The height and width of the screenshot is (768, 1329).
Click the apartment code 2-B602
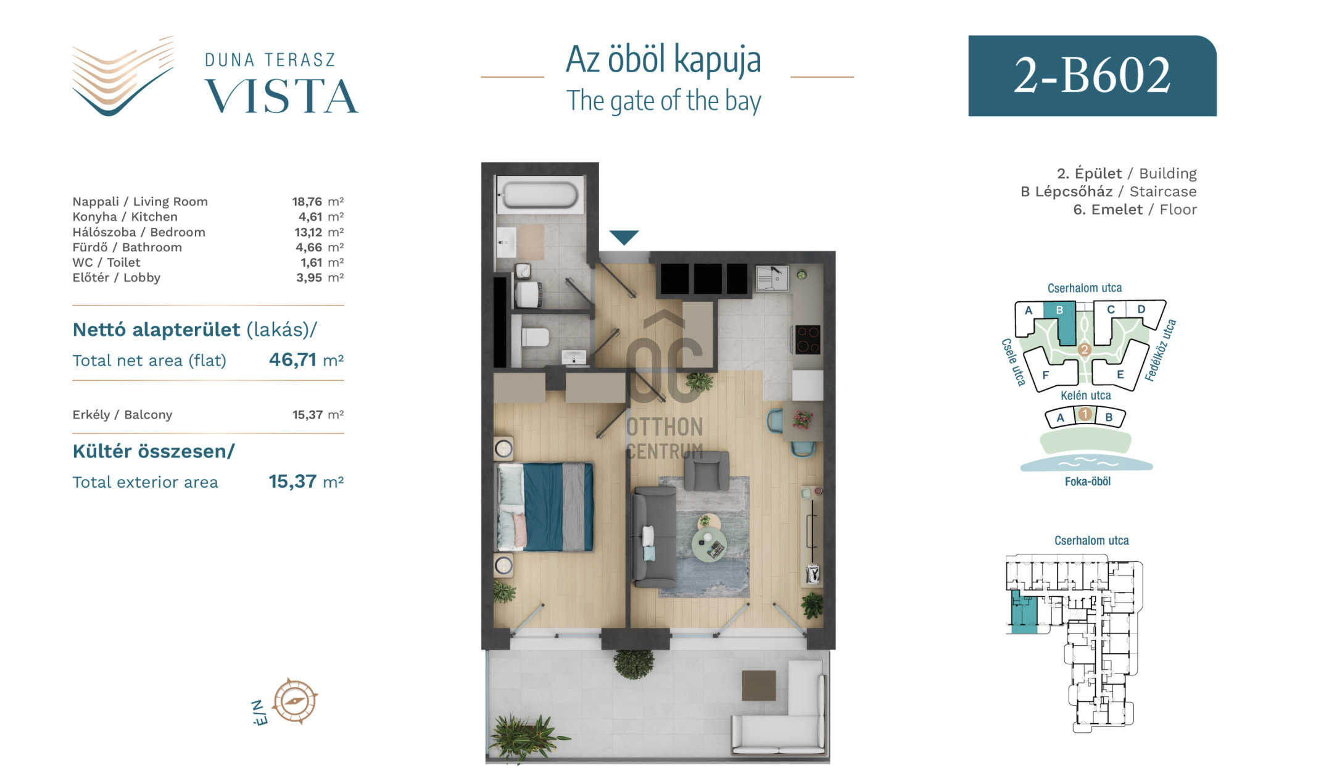(1092, 75)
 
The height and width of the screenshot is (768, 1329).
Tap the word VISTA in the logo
(281, 96)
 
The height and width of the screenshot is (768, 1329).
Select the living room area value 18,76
(307, 202)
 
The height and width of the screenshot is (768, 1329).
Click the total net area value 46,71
(292, 359)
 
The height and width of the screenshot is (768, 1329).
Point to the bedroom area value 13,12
(308, 232)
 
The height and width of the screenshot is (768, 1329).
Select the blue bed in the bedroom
(545, 507)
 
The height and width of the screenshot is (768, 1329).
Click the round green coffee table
(709, 544)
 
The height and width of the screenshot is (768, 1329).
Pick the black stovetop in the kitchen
(808, 339)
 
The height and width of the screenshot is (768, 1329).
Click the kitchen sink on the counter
(772, 278)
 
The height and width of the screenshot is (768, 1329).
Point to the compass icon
(295, 701)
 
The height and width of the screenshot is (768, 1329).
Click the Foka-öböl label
(1087, 482)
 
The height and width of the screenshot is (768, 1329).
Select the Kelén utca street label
(1085, 396)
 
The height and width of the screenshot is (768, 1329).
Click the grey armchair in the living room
(706, 470)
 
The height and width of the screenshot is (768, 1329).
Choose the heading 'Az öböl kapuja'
(663, 60)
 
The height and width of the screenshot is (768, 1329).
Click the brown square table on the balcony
(758, 685)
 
